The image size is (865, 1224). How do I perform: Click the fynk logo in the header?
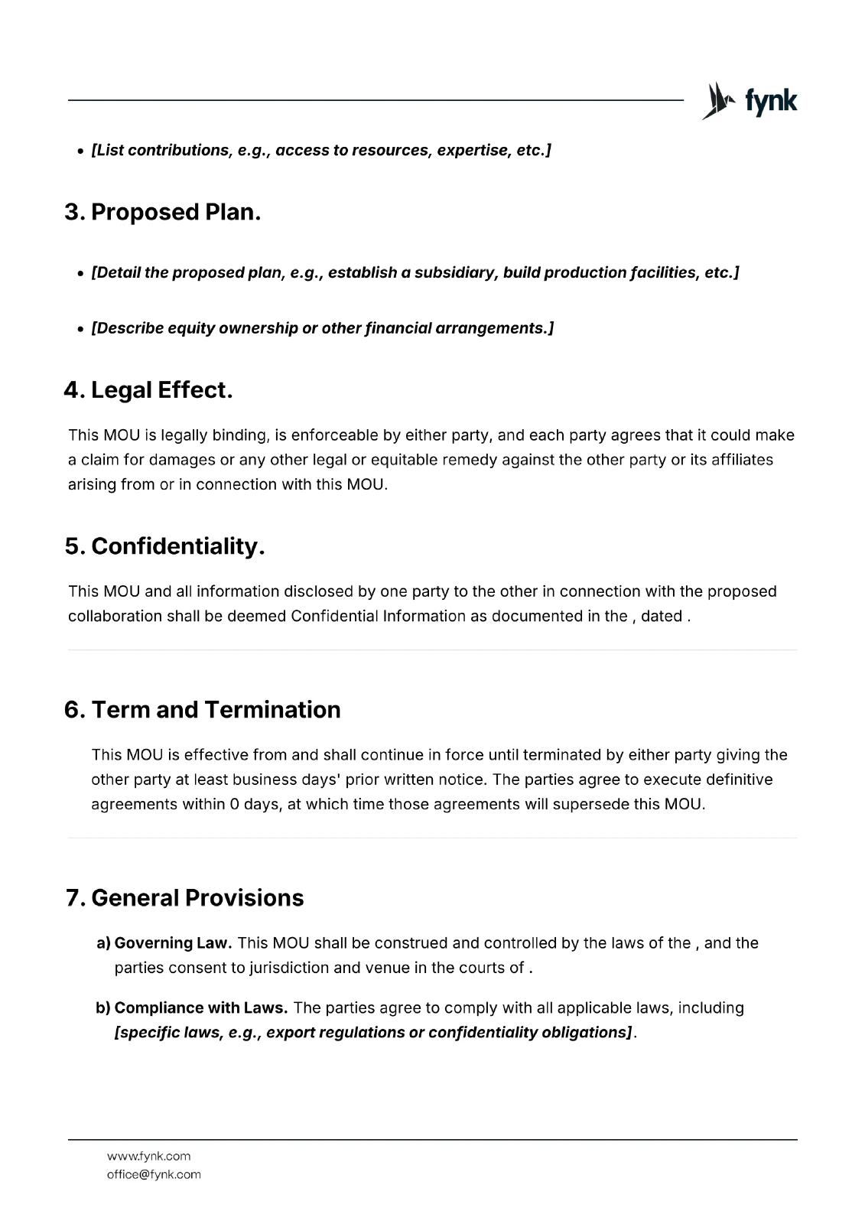click(x=749, y=101)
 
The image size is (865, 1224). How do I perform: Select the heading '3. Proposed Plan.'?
click(x=162, y=212)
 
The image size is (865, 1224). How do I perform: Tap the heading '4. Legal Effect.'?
click(x=148, y=390)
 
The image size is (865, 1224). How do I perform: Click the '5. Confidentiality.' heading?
click(x=164, y=546)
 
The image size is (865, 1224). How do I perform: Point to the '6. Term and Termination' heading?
click(x=203, y=710)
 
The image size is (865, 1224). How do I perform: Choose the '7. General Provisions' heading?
click(x=185, y=898)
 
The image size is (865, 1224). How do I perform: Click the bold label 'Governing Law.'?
click(x=173, y=943)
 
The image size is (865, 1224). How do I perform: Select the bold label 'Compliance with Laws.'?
click(x=201, y=1008)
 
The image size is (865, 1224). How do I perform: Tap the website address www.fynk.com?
click(x=148, y=1156)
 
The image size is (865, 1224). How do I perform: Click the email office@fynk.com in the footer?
click(x=154, y=1174)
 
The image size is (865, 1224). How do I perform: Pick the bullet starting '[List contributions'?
click(x=321, y=150)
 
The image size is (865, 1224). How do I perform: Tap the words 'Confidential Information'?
click(x=378, y=617)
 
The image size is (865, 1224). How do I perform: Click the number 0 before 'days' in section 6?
click(x=234, y=805)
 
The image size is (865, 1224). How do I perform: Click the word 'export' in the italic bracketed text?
click(x=290, y=1033)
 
